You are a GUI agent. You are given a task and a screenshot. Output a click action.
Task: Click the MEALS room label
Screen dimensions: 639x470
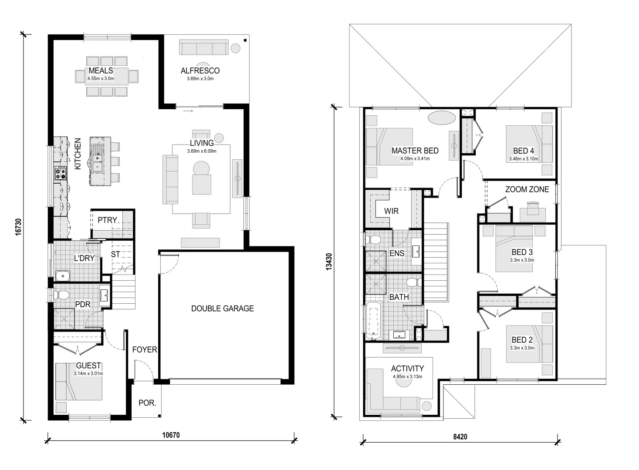(x=101, y=70)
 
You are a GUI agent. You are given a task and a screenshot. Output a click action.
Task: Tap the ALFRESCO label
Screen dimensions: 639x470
(x=200, y=70)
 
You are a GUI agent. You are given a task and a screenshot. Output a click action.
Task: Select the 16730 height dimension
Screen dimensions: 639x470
(x=18, y=227)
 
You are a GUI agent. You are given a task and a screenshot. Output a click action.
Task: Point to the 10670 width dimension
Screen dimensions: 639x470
(x=171, y=435)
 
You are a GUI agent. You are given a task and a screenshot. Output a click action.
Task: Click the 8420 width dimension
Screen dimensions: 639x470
(x=460, y=436)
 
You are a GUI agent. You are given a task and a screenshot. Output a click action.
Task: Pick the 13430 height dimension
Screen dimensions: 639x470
(x=328, y=262)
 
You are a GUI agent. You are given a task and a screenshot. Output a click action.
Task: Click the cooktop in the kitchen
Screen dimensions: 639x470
(x=61, y=173)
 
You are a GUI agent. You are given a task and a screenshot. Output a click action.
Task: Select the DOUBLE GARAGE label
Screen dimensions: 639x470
(x=223, y=309)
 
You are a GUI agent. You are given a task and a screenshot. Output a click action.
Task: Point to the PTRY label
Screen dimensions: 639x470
(x=107, y=220)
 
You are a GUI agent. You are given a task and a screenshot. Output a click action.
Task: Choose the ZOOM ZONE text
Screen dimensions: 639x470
(x=527, y=189)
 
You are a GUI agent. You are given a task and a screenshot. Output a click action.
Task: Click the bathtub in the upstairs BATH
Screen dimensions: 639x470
(x=374, y=321)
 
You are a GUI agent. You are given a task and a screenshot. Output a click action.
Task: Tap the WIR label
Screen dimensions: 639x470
(x=391, y=211)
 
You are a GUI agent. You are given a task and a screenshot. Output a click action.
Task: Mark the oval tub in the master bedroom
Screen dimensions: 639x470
(x=442, y=117)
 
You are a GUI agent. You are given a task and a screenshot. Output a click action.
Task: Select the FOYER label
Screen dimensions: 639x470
(x=145, y=350)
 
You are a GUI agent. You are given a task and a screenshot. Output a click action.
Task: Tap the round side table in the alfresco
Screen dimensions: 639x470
(x=235, y=48)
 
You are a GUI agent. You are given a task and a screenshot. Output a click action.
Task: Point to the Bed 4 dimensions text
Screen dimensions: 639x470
(x=524, y=159)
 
